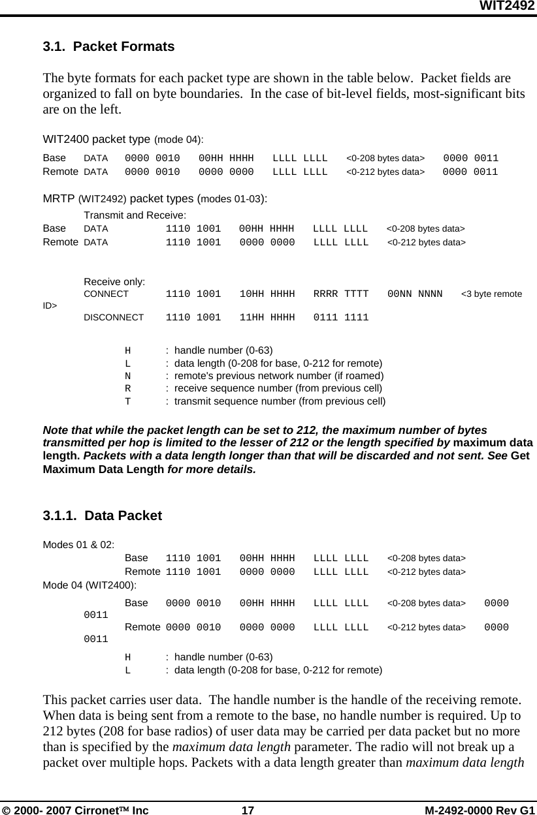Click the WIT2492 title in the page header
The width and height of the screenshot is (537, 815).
click(x=508, y=6)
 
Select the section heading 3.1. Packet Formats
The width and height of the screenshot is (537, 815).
click(x=108, y=47)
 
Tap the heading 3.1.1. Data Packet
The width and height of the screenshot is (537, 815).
click(x=102, y=515)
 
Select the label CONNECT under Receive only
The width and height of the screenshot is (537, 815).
click(x=106, y=294)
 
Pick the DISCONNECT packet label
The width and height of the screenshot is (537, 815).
click(x=114, y=318)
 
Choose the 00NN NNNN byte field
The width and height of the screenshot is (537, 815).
click(x=415, y=294)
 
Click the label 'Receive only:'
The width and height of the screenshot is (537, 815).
click(x=114, y=282)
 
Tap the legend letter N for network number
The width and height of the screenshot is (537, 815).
click(x=128, y=376)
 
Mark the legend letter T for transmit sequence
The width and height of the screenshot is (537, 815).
click(x=128, y=401)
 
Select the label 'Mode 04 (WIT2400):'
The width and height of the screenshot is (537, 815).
click(x=89, y=585)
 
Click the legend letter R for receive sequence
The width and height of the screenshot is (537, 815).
click(x=128, y=388)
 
